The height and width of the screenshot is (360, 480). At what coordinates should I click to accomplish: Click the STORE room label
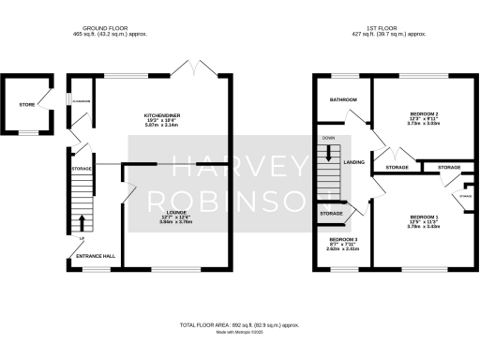click(27, 104)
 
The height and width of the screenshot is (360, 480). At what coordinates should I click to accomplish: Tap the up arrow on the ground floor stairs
click(81, 223)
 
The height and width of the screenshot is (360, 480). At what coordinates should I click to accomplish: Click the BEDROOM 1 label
click(424, 217)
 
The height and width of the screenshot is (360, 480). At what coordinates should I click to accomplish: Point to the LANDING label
click(354, 163)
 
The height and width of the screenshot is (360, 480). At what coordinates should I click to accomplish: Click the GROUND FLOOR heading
click(105, 27)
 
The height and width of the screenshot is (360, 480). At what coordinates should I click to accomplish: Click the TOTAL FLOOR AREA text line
click(240, 324)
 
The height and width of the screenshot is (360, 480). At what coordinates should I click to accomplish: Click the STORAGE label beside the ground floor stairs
click(79, 169)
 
